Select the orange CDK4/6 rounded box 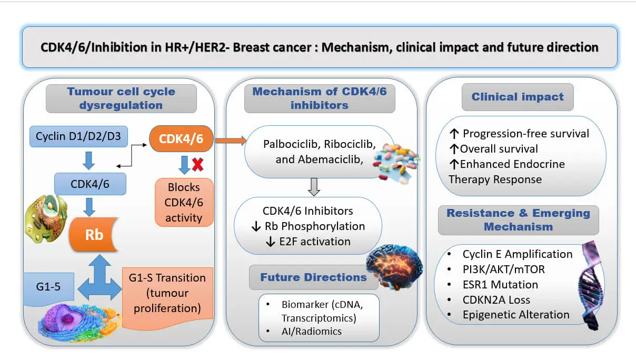pos(182,139)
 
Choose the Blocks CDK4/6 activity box pos(184,203)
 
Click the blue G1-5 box pos(49,287)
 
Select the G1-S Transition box pos(167,293)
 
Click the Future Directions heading pos(313,277)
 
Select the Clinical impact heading pos(517,97)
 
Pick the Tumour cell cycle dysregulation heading pos(121,98)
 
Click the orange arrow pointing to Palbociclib pos(230,140)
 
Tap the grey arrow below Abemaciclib pos(314,185)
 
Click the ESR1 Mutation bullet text pos(500,285)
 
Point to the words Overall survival pos(499,148)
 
